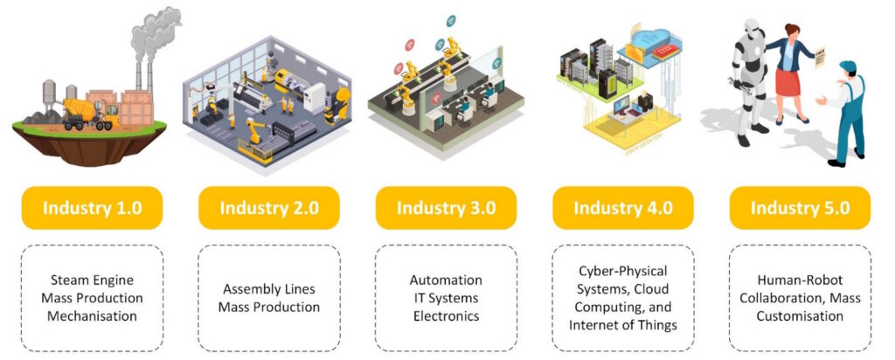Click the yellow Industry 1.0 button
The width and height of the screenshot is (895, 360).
point(92,208)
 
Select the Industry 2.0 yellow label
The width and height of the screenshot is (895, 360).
point(269,208)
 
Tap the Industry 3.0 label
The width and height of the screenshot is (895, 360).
point(446,208)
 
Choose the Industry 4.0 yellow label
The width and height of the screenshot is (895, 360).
point(622,208)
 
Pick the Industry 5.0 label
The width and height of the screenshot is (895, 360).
point(800,208)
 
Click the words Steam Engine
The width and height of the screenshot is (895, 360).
point(92,280)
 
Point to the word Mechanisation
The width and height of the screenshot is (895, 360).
point(92,315)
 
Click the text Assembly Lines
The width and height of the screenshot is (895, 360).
point(269,288)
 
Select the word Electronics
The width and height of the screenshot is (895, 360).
point(447,315)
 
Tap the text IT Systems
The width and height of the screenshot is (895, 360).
point(446,298)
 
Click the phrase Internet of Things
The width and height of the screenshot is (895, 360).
point(622,325)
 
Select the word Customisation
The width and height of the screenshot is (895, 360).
point(800,315)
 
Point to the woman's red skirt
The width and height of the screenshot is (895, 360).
point(789,80)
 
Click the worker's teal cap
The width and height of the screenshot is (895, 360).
point(847,66)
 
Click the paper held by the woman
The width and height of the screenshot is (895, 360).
point(820,57)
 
